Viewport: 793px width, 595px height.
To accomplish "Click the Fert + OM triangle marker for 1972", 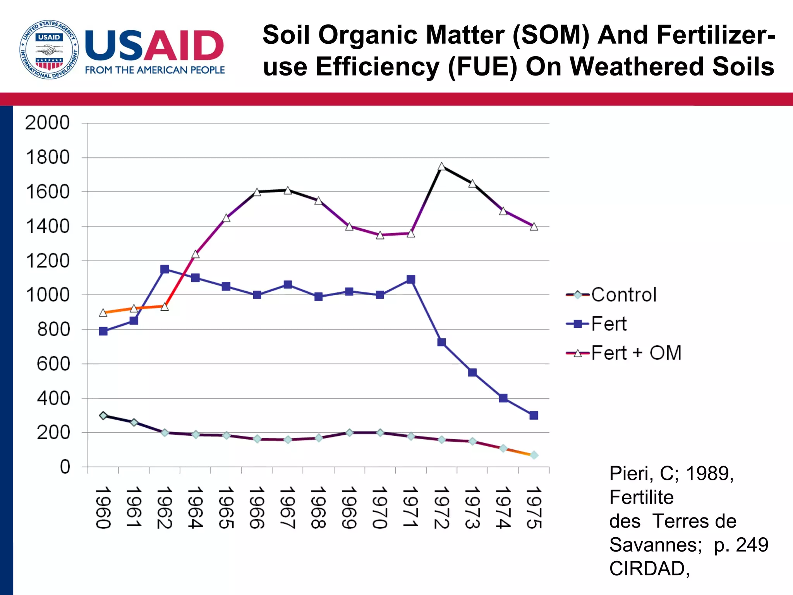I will point(441,167).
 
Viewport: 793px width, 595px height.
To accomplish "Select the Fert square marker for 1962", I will point(165,269).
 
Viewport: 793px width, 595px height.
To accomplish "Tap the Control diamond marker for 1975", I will point(534,455).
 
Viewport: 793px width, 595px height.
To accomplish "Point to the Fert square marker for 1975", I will point(534,415).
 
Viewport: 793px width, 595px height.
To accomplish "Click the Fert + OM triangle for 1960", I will point(103,313).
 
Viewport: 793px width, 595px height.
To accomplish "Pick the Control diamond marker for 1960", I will point(103,416).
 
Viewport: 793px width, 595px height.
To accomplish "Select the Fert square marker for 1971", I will point(411,279).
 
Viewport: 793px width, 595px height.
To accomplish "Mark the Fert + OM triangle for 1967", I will point(288,191).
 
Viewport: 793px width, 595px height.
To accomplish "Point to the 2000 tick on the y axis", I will point(47,123).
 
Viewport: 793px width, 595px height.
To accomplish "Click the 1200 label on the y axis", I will point(47,261).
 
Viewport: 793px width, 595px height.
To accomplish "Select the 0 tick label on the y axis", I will point(65,467).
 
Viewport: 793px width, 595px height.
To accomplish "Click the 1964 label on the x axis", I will point(195,507).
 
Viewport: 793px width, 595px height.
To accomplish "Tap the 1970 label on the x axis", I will point(380,507).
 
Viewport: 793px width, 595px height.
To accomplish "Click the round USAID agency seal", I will point(49,50).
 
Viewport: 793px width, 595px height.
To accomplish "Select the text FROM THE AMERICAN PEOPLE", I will point(155,70).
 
